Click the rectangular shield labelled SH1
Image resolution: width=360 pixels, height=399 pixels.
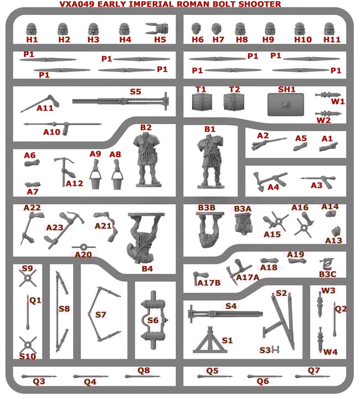286,105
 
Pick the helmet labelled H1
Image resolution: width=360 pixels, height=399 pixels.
32,28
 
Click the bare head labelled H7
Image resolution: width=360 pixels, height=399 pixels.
217,28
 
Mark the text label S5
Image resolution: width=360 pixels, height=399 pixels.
135,92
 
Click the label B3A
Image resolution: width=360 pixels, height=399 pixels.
243,209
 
